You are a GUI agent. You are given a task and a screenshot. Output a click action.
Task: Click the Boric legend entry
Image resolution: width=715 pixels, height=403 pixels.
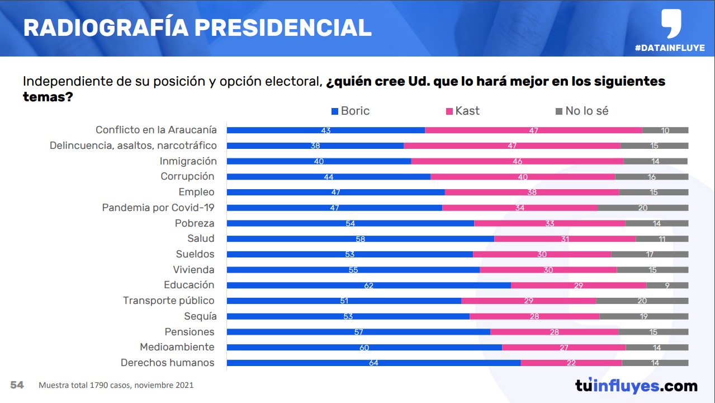pos(351,111)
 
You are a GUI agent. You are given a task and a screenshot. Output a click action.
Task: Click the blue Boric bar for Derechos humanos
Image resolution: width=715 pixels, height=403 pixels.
pos(373,363)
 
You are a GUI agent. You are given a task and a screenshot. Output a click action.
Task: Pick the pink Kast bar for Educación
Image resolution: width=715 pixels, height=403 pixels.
pos(579,285)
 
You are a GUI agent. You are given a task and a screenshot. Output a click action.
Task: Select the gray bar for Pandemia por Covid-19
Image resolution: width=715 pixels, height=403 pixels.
pos(642,208)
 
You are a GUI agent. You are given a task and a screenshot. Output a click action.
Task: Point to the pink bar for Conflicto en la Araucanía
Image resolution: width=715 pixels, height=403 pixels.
pos(533,130)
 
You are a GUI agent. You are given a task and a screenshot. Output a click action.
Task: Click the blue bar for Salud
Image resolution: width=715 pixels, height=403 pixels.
pos(360,239)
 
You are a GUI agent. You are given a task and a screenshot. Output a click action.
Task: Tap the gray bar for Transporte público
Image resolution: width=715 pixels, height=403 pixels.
pos(642,301)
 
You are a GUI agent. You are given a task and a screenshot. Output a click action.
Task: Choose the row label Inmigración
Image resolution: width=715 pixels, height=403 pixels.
pos(188,161)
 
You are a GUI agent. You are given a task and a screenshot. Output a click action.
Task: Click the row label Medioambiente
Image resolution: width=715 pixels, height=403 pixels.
pos(177,347)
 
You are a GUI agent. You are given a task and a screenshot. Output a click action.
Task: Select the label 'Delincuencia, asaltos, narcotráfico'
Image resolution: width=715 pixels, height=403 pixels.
pos(133,146)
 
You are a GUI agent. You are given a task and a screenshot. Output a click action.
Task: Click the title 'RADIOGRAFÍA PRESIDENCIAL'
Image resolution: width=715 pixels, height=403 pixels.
pos(197,27)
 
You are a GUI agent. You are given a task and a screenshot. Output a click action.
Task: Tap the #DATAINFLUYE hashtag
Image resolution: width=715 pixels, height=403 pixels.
pos(670,48)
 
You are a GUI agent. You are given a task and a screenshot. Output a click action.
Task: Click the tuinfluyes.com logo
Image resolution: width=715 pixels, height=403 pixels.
pos(636,386)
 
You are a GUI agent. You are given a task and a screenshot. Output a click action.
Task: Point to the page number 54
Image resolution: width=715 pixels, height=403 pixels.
pos(17,385)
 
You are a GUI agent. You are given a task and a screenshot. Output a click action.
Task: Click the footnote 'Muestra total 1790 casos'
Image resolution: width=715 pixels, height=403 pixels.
pos(116,386)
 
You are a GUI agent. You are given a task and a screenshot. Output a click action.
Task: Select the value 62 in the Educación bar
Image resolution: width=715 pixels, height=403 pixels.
pos(368,285)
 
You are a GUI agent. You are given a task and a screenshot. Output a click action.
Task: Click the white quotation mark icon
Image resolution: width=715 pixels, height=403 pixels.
pos(671,23)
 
